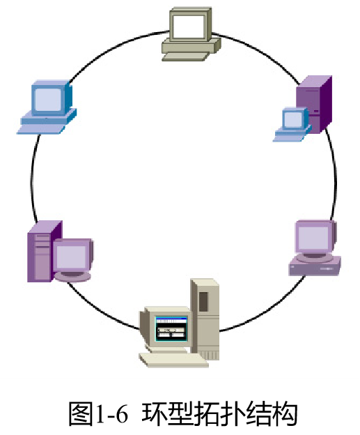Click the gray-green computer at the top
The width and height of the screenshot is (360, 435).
point(191,34)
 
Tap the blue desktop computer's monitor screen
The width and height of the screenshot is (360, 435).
point(48,100)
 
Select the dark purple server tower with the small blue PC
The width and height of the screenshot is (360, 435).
point(314,104)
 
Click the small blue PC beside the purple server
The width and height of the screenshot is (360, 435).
point(292,124)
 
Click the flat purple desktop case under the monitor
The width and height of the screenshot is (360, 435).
point(315,266)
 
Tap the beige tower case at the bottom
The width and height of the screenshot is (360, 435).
point(205,319)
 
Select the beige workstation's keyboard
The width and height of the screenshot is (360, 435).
point(173,360)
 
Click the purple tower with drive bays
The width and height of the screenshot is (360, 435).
point(45,251)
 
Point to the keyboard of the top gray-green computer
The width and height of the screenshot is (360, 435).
point(185,56)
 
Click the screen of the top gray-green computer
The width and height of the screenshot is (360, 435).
point(188,26)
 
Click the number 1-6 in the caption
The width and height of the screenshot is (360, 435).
point(111,414)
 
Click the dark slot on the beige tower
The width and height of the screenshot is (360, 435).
point(204,301)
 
